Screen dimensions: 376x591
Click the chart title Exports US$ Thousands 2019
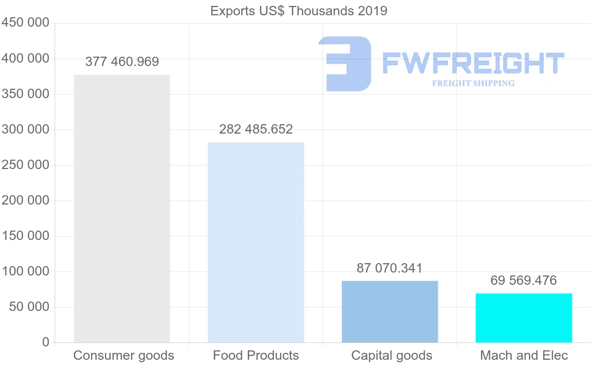pos(298,11)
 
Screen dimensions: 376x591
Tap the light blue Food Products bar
pos(256,242)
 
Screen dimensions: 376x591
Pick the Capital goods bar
pos(390,311)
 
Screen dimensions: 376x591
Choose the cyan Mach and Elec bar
pos(524,318)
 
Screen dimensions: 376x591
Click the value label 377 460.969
pos(122,62)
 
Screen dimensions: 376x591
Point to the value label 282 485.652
pos(256,129)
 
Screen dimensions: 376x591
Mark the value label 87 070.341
pos(390,269)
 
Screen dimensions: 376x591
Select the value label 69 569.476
pos(524,281)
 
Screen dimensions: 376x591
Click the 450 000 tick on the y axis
pos(26,23)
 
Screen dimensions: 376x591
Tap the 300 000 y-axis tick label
pos(26,130)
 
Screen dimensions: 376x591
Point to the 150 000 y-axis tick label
pos(26,236)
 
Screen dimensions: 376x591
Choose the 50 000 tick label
pos(29,307)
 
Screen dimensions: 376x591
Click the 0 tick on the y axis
pos(46,342)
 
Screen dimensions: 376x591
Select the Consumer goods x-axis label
pos(124,355)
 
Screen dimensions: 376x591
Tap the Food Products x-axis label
pos(256,355)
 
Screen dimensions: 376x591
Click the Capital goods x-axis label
pos(392,355)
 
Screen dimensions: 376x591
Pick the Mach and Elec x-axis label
pos(524,355)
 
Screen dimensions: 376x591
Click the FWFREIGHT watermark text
pos(473,64)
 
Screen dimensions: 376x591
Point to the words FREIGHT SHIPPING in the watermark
pos(473,83)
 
